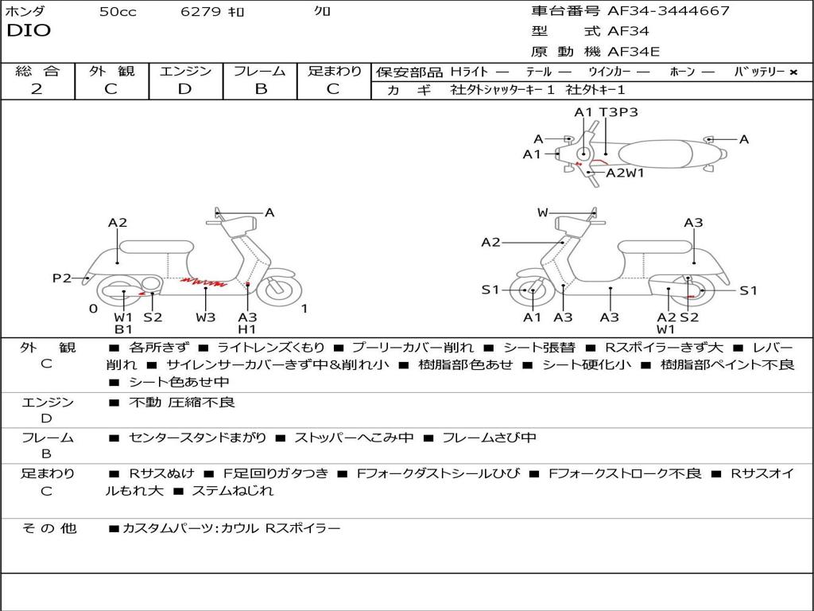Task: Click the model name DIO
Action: click(x=29, y=31)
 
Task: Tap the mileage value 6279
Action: click(x=200, y=12)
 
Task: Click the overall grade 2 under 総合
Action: click(x=37, y=89)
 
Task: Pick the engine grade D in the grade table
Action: click(x=184, y=89)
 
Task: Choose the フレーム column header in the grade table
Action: click(x=259, y=71)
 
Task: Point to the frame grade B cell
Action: click(x=260, y=89)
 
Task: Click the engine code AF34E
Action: click(x=634, y=52)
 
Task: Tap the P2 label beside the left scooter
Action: click(x=61, y=278)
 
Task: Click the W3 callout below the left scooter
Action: click(x=206, y=317)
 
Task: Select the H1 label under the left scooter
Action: click(x=247, y=329)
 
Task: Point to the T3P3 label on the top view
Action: click(x=618, y=112)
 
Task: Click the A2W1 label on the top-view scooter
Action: click(x=625, y=173)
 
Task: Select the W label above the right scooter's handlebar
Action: click(x=542, y=212)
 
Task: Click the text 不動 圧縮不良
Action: click(x=182, y=403)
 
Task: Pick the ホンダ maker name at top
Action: click(x=25, y=12)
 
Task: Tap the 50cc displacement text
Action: click(x=117, y=12)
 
